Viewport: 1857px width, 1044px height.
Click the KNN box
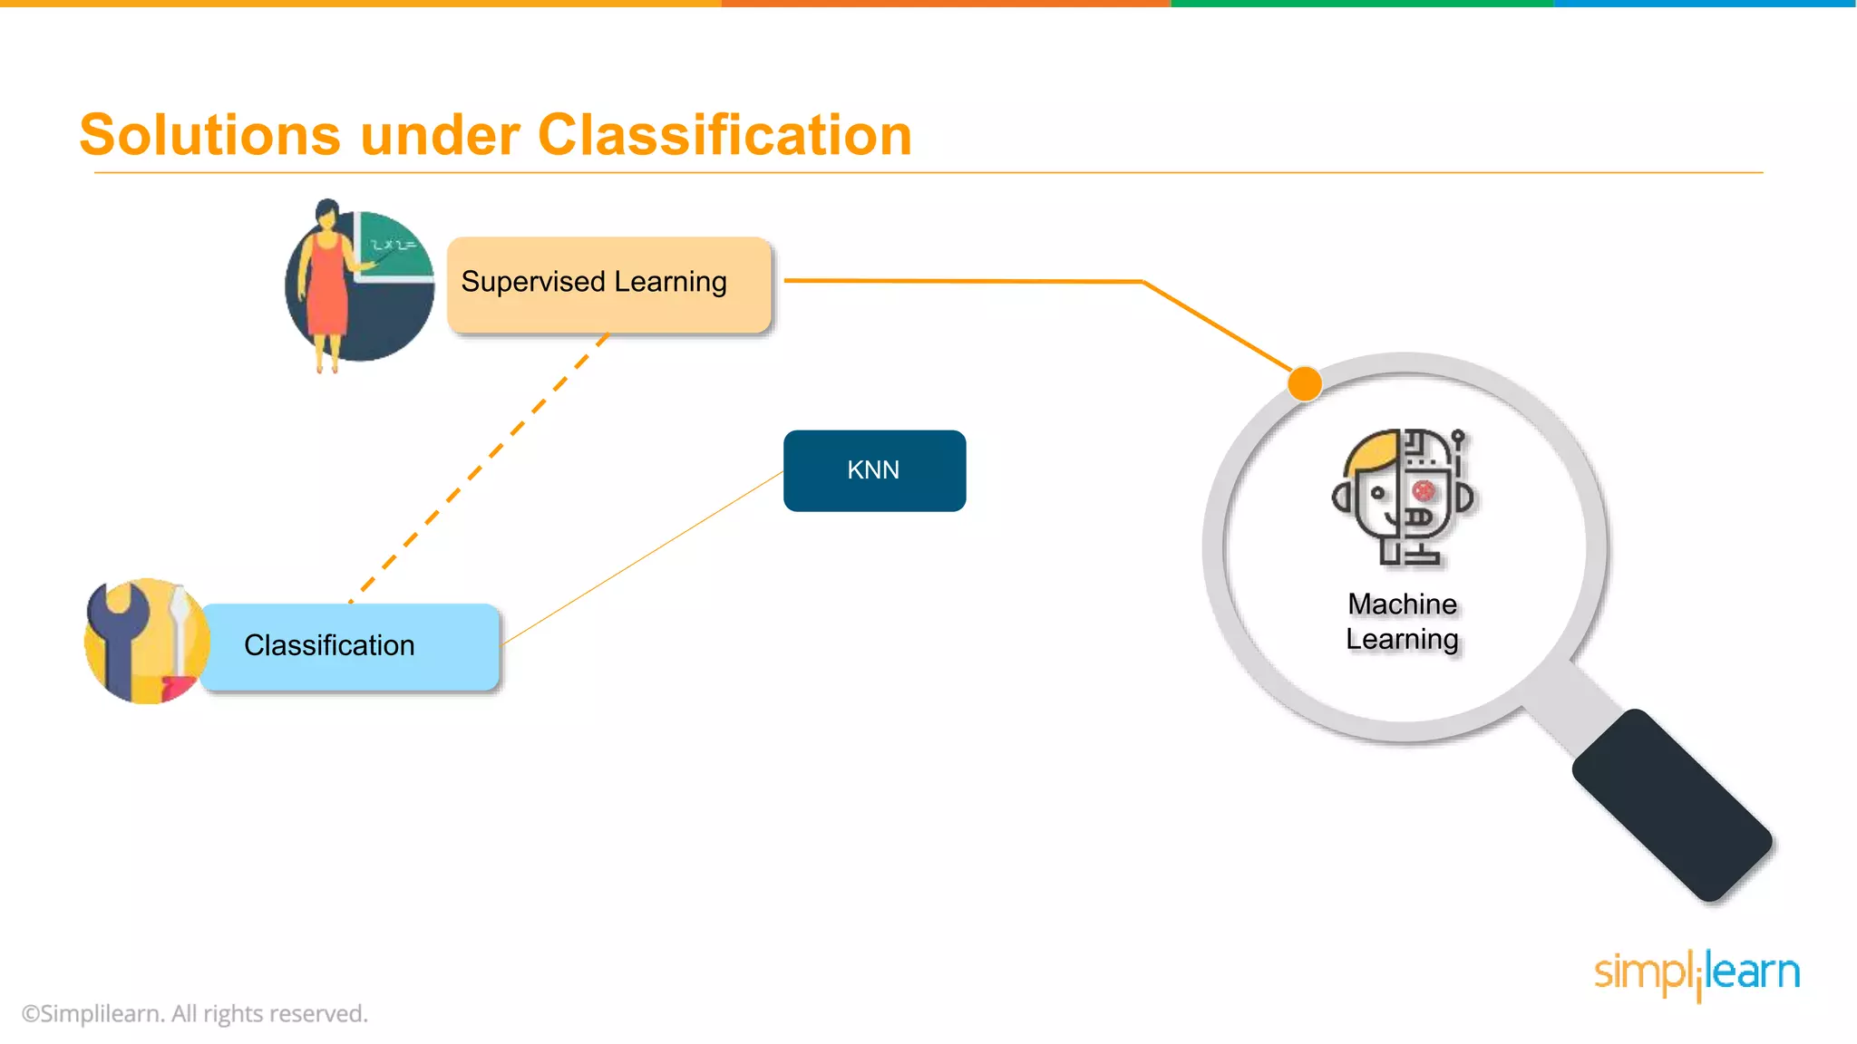(x=874, y=470)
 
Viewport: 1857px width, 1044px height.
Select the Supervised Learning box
(x=608, y=285)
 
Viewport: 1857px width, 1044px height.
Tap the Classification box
(x=350, y=646)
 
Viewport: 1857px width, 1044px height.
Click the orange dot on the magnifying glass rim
(x=1305, y=383)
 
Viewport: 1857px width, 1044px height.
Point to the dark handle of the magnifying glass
(x=1671, y=805)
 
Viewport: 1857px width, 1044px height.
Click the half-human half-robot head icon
(x=1403, y=497)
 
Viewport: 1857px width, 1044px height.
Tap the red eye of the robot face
(x=1424, y=491)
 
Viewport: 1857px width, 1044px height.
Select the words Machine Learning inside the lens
(x=1402, y=622)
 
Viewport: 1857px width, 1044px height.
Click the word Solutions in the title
(x=209, y=135)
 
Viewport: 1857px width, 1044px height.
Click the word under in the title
(x=439, y=135)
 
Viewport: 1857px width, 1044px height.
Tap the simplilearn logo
(x=1697, y=972)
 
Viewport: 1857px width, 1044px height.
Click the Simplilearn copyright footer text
(x=194, y=1013)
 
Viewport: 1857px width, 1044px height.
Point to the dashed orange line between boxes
(x=479, y=466)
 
